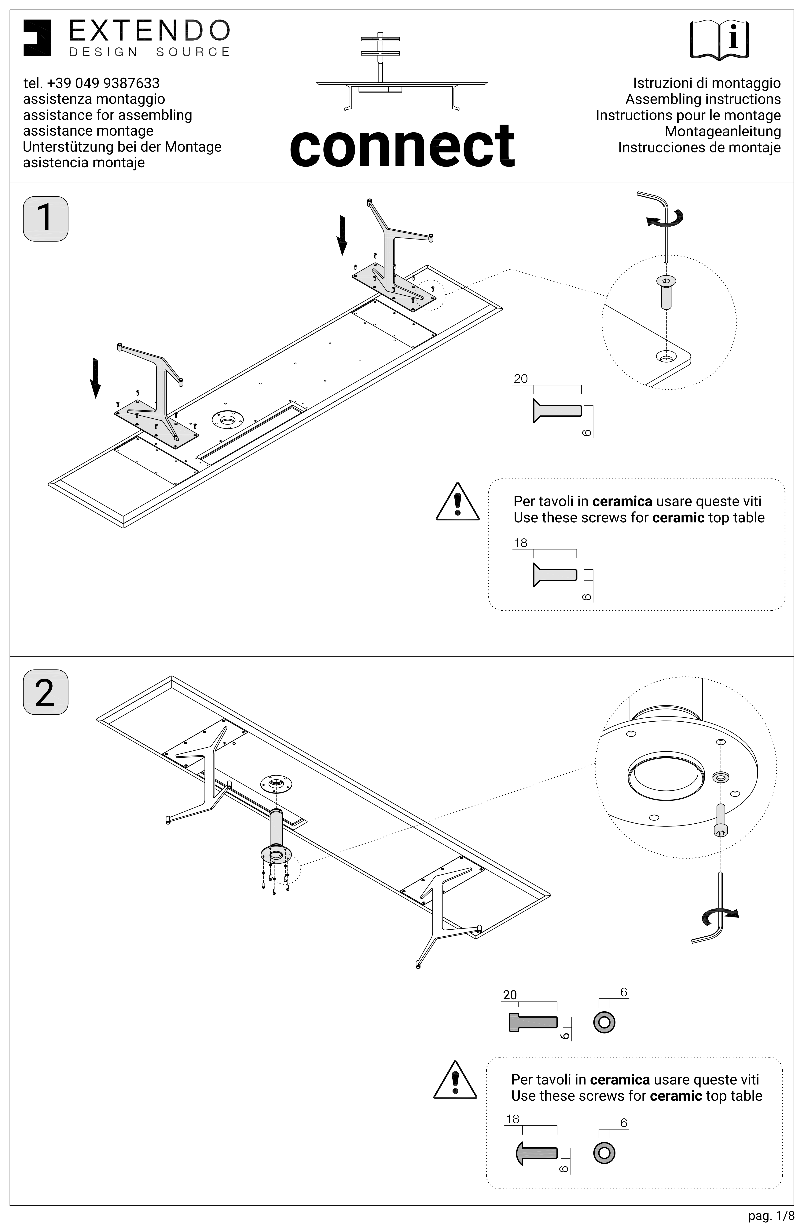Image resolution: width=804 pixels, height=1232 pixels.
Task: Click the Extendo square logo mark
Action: [x=37, y=38]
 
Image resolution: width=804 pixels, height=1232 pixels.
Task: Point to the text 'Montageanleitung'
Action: [x=723, y=131]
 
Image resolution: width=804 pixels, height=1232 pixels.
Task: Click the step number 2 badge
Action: [x=46, y=692]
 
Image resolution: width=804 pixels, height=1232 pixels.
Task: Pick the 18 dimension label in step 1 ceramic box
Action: [x=520, y=543]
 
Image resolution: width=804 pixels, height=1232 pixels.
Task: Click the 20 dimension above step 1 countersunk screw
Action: [x=521, y=379]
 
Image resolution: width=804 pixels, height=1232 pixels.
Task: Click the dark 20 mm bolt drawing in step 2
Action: [x=533, y=1022]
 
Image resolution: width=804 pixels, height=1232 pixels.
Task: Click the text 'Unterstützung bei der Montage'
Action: [x=122, y=147]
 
